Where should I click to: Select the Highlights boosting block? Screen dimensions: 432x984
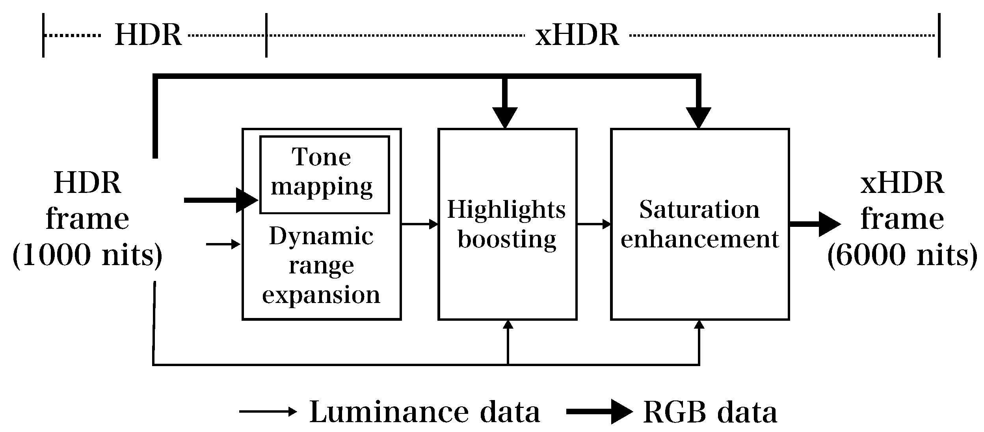point(507,224)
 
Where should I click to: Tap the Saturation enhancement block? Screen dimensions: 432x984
point(699,224)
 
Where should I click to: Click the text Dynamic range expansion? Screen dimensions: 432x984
point(321,266)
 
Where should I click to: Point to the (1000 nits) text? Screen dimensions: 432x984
point(87,255)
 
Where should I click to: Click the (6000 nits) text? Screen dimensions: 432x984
point(902,255)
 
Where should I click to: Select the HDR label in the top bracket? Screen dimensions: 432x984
point(148,36)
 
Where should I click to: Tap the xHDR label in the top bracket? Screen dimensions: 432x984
point(577,36)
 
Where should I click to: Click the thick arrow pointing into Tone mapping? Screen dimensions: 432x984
point(221,200)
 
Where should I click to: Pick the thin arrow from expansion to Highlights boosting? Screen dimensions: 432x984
point(420,224)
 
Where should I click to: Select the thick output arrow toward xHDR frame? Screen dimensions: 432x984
point(814,224)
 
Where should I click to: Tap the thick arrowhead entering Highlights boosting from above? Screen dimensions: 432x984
point(505,117)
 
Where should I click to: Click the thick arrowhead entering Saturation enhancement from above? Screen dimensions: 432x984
point(698,117)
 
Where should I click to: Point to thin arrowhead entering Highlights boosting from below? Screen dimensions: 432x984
point(508,325)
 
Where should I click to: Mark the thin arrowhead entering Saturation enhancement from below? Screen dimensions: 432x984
point(699,325)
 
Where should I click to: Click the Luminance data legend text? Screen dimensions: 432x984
point(424,412)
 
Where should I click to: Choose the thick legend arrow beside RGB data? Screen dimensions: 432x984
point(599,412)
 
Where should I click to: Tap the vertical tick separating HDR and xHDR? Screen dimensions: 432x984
point(266,36)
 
